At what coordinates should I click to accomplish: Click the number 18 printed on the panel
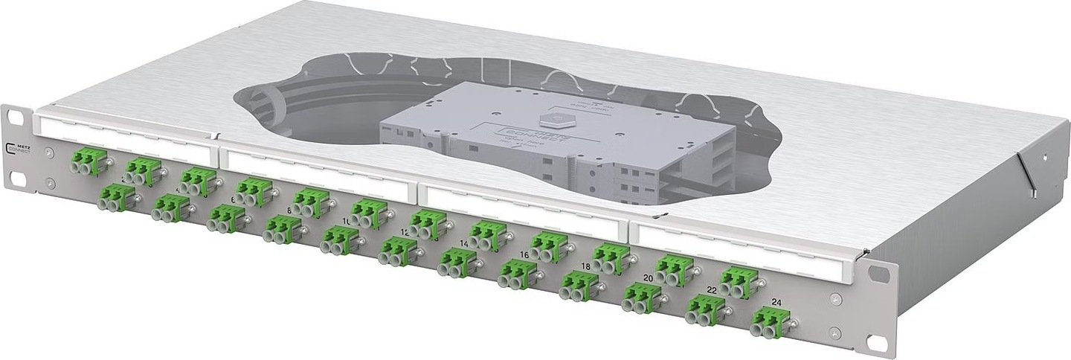pos(586,266)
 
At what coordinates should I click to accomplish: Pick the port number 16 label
pos(524,254)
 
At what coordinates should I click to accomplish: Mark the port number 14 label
pos(465,244)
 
